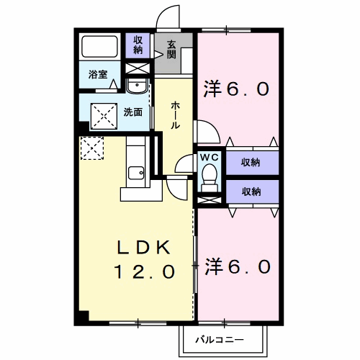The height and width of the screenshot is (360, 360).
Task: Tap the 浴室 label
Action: pos(97,74)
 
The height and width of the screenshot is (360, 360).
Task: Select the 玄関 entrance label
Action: pos(172,50)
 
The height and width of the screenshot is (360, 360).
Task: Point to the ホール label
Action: pos(175,114)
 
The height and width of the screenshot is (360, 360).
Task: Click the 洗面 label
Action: pos(132,112)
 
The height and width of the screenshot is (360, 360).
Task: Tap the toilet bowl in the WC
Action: pos(210,174)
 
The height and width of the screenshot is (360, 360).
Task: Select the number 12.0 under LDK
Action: pos(144,272)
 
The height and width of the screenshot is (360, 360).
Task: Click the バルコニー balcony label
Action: pos(220,339)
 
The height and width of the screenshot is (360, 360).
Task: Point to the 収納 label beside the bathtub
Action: pos(137,45)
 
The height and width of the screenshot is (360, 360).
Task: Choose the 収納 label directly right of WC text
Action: pos(250,162)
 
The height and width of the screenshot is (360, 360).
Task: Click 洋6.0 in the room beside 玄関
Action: pos(237,90)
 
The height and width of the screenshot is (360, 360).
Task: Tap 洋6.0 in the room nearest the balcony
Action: pos(237,266)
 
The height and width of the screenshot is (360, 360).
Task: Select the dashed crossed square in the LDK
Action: pos(92,149)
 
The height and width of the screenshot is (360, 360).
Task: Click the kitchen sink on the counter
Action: pos(136,172)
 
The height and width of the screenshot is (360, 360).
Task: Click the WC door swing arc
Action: pos(204,132)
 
